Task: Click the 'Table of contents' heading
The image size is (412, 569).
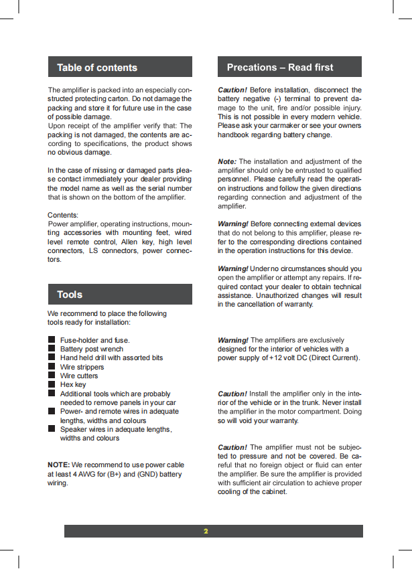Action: pos(97,68)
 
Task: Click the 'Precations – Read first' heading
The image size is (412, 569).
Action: pos(279,68)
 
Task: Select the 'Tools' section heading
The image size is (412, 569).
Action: pos(70,295)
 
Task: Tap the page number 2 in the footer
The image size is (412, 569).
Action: pos(206,532)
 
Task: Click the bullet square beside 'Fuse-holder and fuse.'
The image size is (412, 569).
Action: pos(51,340)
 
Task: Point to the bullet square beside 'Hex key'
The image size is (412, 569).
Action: pos(51,385)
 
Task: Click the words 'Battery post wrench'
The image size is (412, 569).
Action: pos(92,349)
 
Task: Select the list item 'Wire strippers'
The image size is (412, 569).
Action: pos(82,367)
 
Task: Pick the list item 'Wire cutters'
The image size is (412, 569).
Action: pos(79,376)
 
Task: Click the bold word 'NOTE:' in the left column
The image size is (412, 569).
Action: pos(58,465)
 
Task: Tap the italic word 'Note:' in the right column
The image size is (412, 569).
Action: pos(227,161)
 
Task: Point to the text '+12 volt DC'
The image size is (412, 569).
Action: pos(289,357)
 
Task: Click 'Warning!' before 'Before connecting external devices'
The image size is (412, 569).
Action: pos(233,224)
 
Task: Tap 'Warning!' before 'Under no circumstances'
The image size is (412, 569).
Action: pos(233,268)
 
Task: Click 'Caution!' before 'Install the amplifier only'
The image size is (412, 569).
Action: pos(232,394)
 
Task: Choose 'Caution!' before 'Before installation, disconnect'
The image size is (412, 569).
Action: pos(232,90)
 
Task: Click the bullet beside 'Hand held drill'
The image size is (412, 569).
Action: pos(51,358)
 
